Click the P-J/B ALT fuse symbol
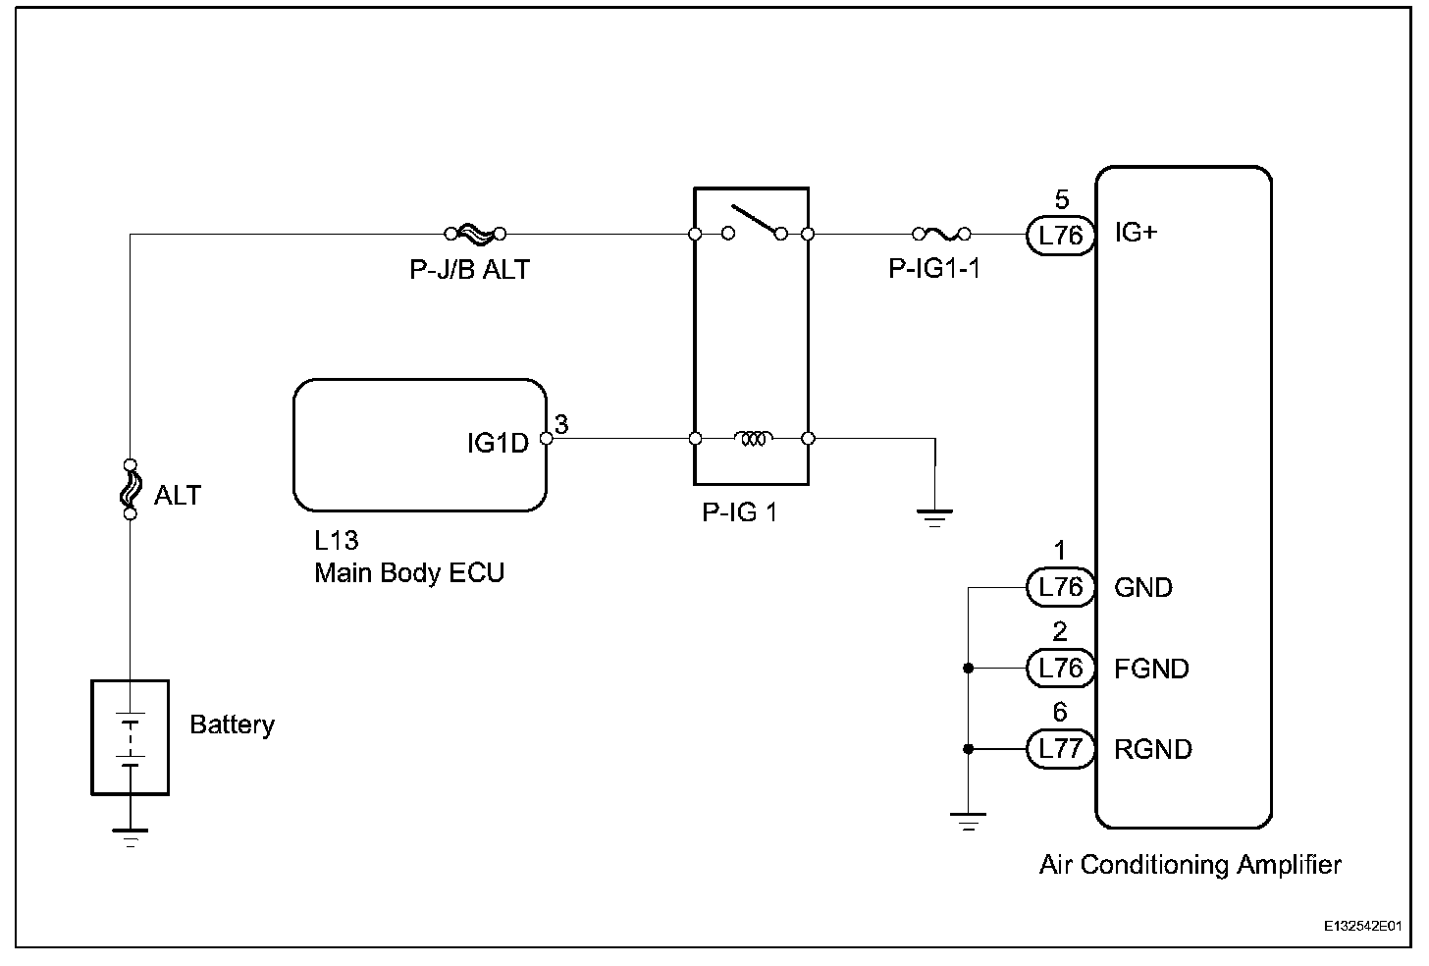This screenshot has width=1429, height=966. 475,234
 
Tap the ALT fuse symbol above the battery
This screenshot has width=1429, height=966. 130,489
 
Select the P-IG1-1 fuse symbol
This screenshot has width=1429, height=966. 941,234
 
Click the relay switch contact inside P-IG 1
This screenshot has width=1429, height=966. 753,224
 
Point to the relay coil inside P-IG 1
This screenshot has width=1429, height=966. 753,438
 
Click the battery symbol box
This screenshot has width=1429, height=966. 130,736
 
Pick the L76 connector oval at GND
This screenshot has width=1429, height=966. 1060,587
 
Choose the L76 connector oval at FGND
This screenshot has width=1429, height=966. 1060,669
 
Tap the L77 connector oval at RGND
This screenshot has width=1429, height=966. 1060,749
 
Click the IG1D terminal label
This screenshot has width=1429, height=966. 498,444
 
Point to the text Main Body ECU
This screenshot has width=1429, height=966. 409,573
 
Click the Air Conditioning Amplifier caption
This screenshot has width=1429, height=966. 1190,865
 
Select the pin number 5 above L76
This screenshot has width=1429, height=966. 1061,200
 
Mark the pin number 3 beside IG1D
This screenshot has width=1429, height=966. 561,424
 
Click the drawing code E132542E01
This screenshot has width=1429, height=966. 1360,926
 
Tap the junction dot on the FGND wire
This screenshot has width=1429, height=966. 969,669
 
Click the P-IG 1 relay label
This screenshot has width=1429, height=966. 739,512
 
